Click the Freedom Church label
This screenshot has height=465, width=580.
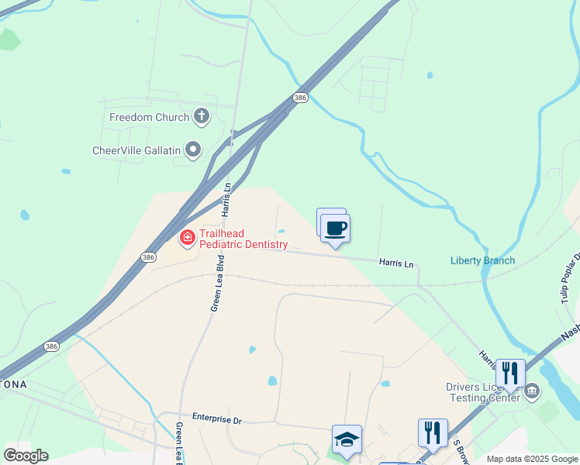(149, 118)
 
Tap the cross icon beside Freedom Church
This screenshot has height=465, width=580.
(202, 117)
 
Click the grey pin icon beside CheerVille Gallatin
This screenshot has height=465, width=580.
(193, 149)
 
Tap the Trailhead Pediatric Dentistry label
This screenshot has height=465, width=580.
(243, 239)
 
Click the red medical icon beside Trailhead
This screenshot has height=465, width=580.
(187, 237)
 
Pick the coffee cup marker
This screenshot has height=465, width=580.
(335, 229)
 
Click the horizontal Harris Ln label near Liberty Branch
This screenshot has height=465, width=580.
(396, 263)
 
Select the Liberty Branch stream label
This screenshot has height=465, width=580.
(482, 260)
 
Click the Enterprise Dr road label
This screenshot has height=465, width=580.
(217, 419)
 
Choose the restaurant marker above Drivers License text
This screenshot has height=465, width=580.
(509, 374)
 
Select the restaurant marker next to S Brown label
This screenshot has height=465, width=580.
(432, 432)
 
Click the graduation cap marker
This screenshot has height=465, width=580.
(347, 439)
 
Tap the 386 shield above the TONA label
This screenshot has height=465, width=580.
(51, 346)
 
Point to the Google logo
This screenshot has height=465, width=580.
(26, 455)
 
